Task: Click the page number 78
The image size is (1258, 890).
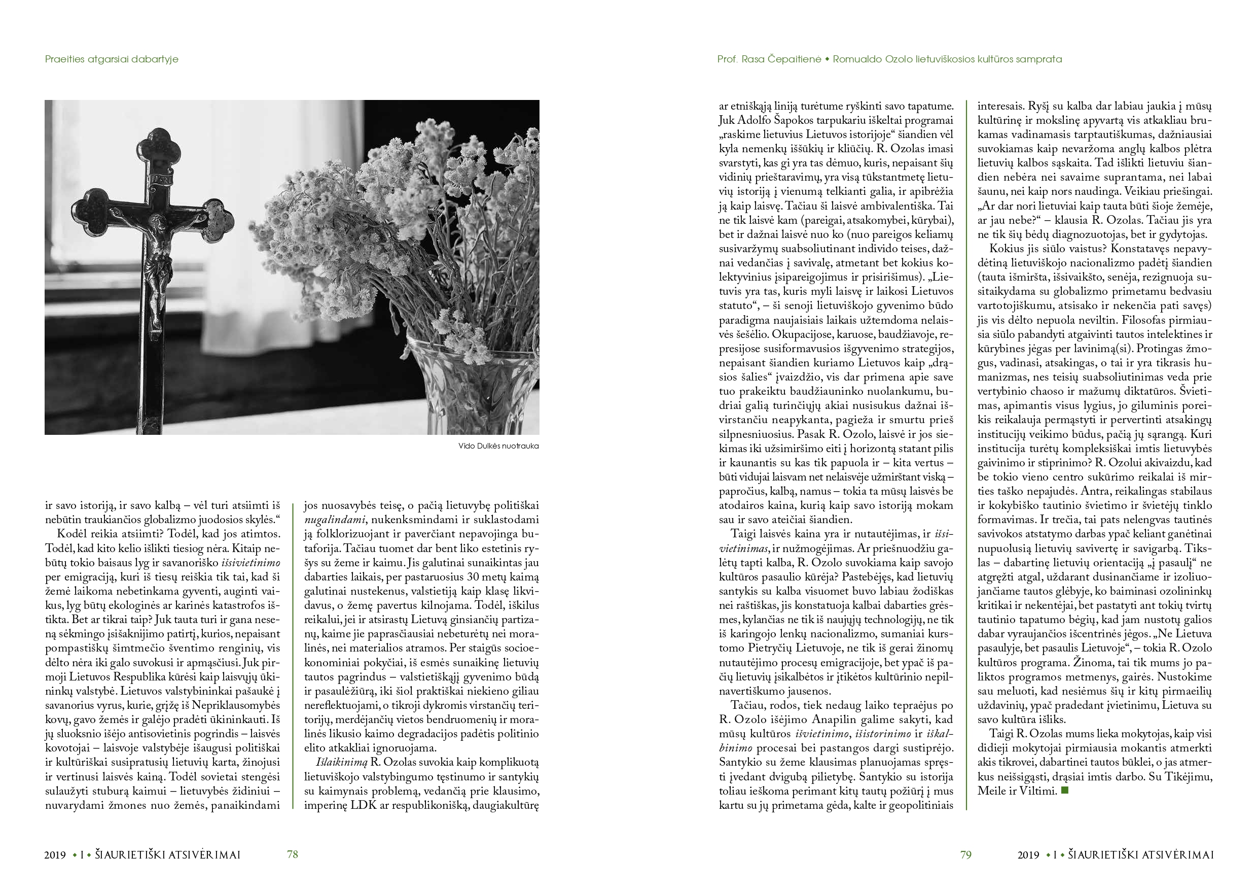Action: coord(292,854)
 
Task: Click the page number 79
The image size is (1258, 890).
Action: coord(965,854)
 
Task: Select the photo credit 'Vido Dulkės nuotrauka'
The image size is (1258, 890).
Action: coord(498,446)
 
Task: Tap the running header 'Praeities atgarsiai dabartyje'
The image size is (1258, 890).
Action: coord(112,59)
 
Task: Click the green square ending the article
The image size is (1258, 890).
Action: coord(1065,791)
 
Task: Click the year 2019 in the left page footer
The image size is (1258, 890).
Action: coord(55,855)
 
